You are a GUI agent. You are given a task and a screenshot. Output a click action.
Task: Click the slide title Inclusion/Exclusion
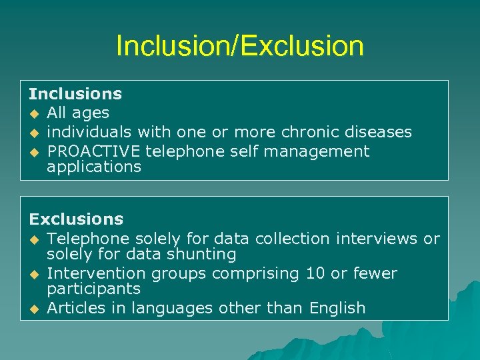[239, 46]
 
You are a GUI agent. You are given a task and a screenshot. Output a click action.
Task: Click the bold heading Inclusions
[75, 94]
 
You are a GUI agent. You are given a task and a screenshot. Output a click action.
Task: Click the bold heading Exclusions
[76, 219]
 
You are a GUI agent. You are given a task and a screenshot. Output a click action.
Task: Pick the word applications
[94, 167]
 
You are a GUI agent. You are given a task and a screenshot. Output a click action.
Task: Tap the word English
[337, 308]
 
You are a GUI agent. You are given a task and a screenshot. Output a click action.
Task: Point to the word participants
[93, 289]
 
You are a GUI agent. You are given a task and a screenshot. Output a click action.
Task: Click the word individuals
[85, 133]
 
